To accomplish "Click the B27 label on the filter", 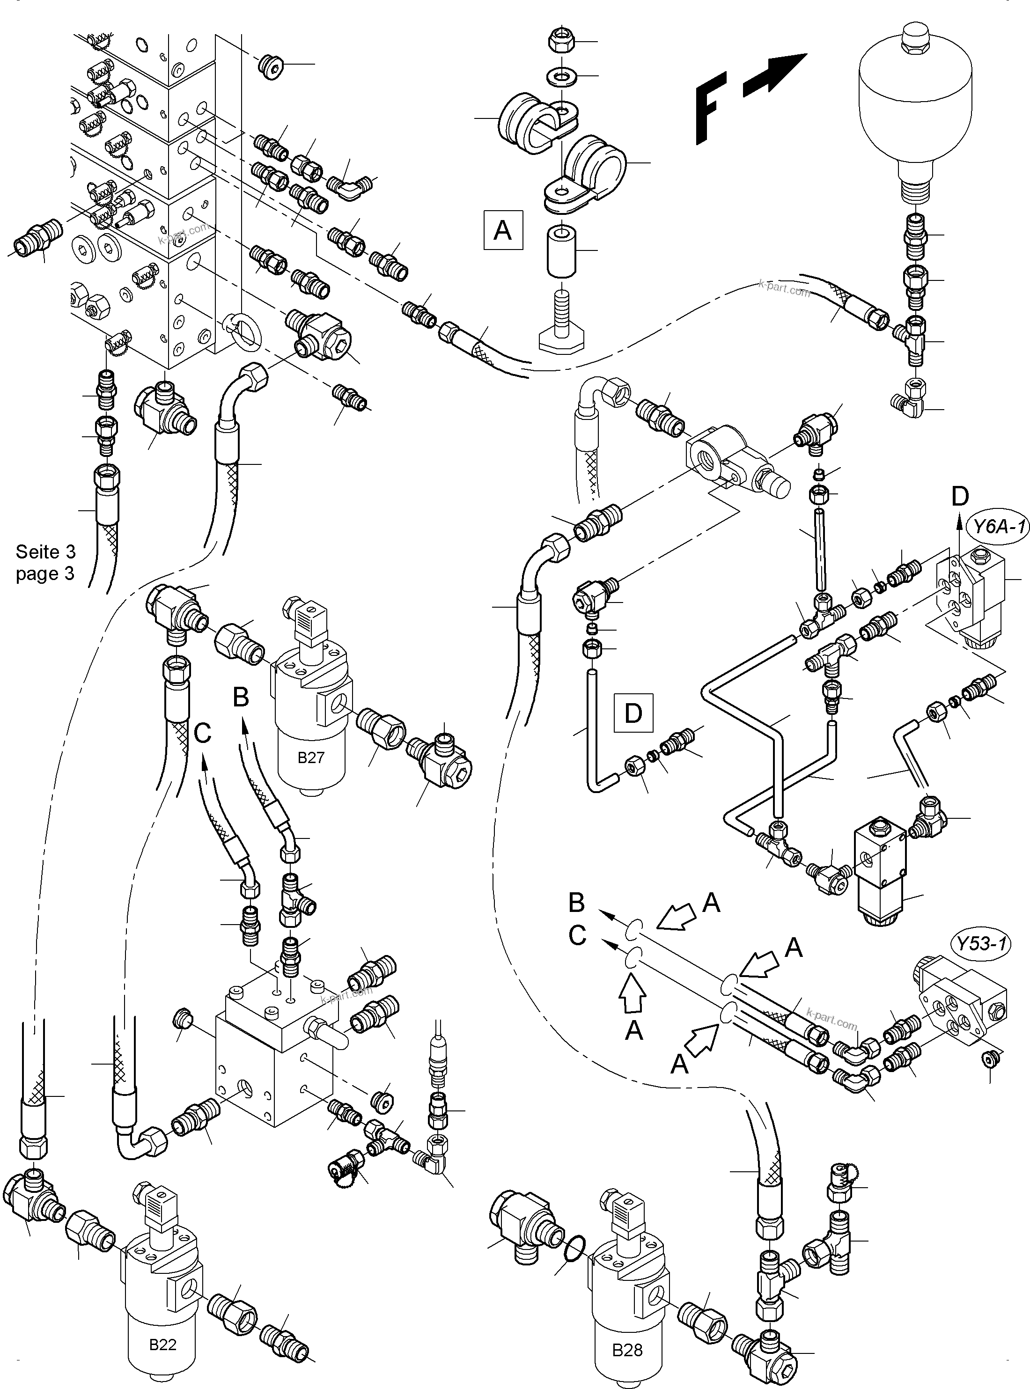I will pos(310,758).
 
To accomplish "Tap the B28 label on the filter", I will pos(627,1350).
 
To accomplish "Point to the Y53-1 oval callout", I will pos(981,943).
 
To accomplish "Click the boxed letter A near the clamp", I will pos(502,231).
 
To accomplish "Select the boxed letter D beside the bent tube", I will pos(633,713).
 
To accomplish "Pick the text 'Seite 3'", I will pos(45,552).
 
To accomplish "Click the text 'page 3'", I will pos(45,573).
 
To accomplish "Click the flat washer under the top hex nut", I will pos(562,77).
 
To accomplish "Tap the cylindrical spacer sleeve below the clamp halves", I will pos(562,252).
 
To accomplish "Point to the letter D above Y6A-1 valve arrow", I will pos(960,496).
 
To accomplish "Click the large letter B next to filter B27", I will pos(241,697).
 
